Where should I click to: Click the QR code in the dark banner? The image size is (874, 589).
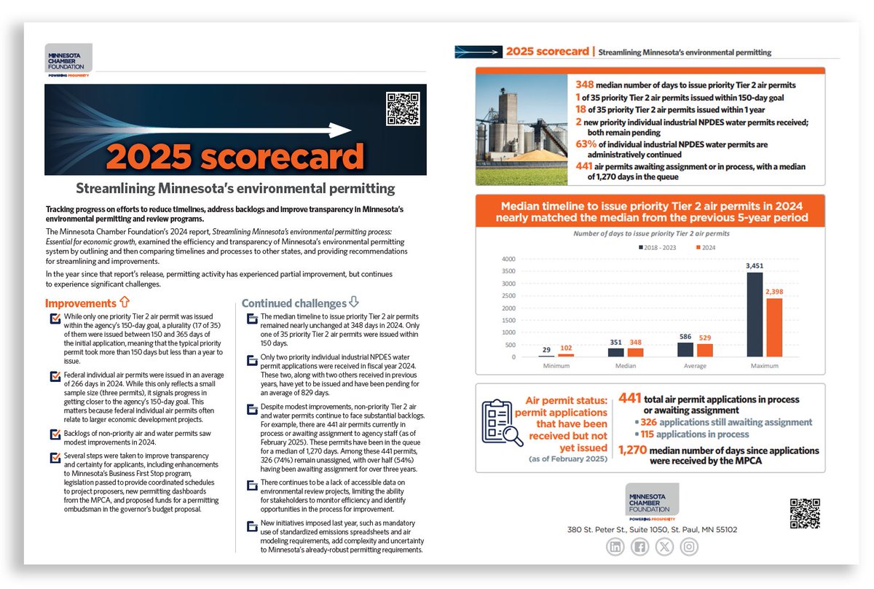click(x=402, y=109)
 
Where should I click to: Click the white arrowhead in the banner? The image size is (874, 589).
click(x=342, y=130)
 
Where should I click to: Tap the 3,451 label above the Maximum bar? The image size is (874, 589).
click(x=755, y=267)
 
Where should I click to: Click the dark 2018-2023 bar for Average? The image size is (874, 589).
click(x=685, y=349)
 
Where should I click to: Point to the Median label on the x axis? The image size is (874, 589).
click(x=618, y=365)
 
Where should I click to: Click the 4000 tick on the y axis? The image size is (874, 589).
click(x=508, y=259)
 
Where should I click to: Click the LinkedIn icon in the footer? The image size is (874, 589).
click(x=615, y=547)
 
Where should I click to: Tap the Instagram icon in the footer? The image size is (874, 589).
click(x=689, y=547)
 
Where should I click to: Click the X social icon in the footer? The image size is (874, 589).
click(x=664, y=547)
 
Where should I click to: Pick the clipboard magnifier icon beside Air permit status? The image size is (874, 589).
click(x=502, y=422)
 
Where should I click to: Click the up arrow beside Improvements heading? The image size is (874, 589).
click(x=124, y=302)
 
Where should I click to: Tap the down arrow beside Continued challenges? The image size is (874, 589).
click(x=354, y=302)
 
